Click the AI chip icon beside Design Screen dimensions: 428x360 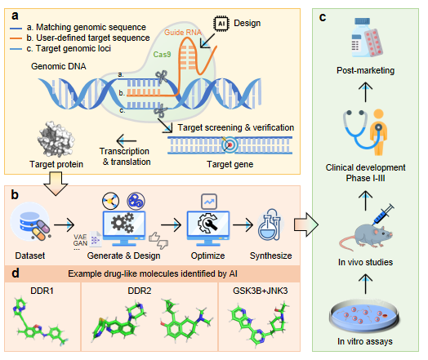click(221, 24)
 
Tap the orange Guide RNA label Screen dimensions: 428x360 click(183, 33)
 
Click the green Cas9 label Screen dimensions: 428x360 click(163, 54)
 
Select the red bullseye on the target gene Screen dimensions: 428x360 click(230, 144)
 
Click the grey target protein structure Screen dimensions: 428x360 click(56, 140)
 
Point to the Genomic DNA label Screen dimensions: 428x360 click(59, 66)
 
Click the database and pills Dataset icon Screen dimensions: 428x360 click(30, 222)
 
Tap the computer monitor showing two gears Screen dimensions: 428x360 click(124, 229)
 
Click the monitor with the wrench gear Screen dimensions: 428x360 click(208, 229)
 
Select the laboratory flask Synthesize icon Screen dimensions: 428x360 click(270, 224)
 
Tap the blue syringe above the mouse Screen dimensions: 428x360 click(384, 214)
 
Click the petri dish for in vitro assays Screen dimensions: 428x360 click(364, 316)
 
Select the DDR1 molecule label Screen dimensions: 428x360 click(42, 291)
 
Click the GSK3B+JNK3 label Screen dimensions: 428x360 click(260, 291)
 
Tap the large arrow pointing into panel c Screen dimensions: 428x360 click(306, 224)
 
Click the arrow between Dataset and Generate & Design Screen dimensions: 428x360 click(65, 224)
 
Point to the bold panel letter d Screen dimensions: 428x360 click(16, 273)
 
